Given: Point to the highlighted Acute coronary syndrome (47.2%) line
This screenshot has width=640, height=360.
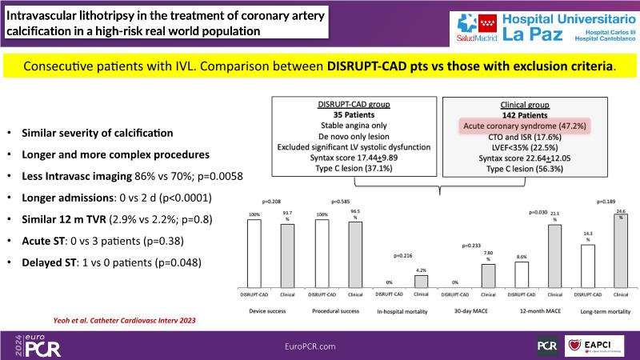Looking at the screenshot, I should point(506,126).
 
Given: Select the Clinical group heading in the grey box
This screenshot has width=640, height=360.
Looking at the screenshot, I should point(506,103).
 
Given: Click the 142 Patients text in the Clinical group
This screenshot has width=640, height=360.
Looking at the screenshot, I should point(506,114).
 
